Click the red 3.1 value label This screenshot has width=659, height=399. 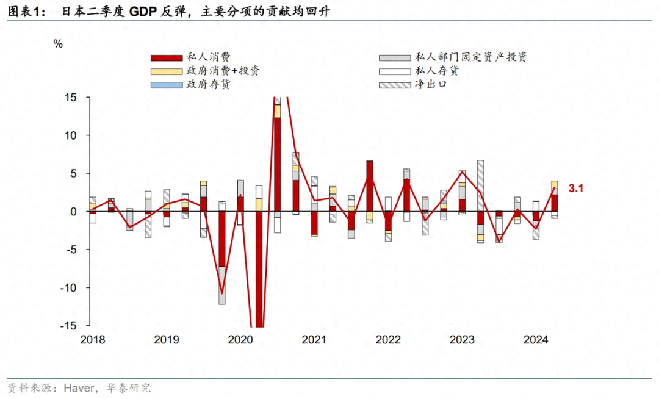[x=577, y=189]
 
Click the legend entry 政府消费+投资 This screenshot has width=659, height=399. [x=223, y=71]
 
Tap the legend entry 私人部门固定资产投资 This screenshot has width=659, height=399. [x=470, y=57]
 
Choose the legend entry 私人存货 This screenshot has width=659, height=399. [x=436, y=71]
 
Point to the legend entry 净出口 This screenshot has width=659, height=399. [x=431, y=84]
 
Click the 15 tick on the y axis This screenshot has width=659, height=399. [x=71, y=97]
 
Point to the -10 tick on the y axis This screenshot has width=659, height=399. [x=70, y=287]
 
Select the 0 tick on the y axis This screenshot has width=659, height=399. [x=74, y=212]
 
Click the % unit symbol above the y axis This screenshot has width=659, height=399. [x=58, y=44]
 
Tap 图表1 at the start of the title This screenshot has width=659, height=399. [x=24, y=12]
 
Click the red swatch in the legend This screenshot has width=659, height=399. [x=167, y=57]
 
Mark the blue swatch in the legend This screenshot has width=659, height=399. [x=167, y=84]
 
